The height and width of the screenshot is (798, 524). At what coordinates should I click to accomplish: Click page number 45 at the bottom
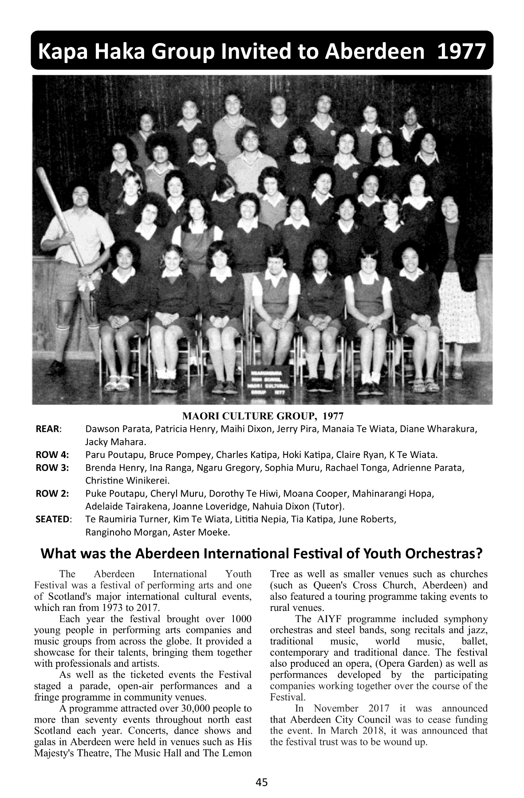tap(262, 782)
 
